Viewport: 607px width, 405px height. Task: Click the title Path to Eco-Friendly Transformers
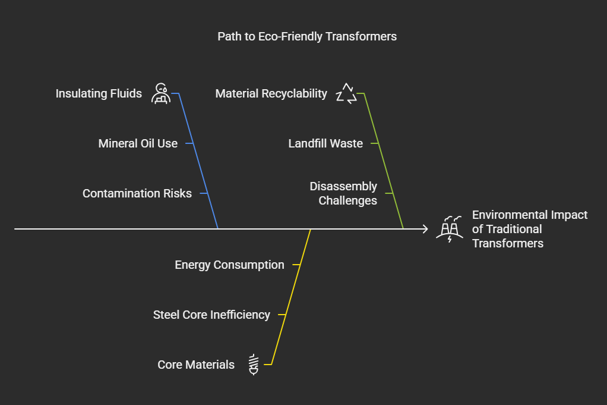pyautogui.click(x=307, y=37)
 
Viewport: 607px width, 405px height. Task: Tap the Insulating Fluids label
pyautogui.click(x=99, y=93)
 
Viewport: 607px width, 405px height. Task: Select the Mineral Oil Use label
pyautogui.click(x=138, y=143)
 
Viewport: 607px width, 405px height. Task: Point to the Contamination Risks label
pyautogui.click(x=137, y=193)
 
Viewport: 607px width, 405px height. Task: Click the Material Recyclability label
pyautogui.click(x=271, y=93)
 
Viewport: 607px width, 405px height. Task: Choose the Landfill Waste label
pyautogui.click(x=325, y=143)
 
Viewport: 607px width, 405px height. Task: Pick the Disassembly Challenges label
pyautogui.click(x=343, y=193)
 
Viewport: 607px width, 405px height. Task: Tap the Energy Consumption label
pyautogui.click(x=229, y=265)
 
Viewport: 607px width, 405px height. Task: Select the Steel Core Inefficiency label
pyautogui.click(x=211, y=315)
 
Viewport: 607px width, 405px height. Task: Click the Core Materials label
pyautogui.click(x=196, y=365)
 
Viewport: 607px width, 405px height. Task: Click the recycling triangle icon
pyautogui.click(x=346, y=94)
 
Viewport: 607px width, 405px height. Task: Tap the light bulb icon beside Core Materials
pyautogui.click(x=254, y=365)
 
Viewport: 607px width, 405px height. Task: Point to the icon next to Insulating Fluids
pyautogui.click(x=160, y=94)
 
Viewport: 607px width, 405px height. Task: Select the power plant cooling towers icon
pyautogui.click(x=450, y=229)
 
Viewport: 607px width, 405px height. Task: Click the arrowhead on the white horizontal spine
pyautogui.click(x=425, y=228)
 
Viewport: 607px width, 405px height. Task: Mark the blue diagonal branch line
pyautogui.click(x=199, y=161)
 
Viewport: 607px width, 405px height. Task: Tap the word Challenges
pyautogui.click(x=347, y=200)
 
